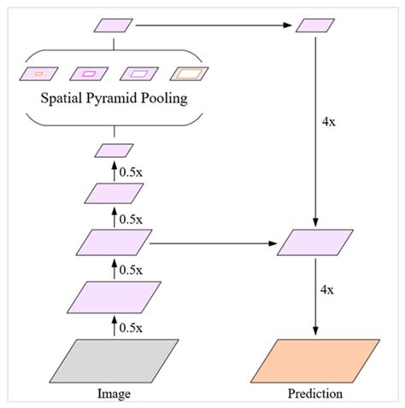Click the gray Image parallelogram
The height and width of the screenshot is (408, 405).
(x=114, y=361)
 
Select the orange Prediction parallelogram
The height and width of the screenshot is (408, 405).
(x=315, y=361)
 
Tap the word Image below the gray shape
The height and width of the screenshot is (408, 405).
(x=114, y=394)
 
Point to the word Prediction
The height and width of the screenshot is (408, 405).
(x=315, y=394)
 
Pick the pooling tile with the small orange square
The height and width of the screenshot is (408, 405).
(x=38, y=73)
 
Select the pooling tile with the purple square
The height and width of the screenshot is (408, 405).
(x=138, y=73)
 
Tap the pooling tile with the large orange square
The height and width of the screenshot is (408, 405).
(x=188, y=73)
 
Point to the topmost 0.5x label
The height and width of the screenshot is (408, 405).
(x=131, y=171)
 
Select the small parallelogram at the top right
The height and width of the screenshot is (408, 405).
(x=315, y=26)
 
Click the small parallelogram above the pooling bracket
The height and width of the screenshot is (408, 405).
(x=114, y=26)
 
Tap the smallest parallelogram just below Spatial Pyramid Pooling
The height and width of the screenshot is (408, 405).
(x=114, y=151)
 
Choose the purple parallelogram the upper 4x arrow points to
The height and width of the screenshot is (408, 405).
(x=315, y=243)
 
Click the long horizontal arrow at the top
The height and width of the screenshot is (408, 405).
(x=214, y=26)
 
